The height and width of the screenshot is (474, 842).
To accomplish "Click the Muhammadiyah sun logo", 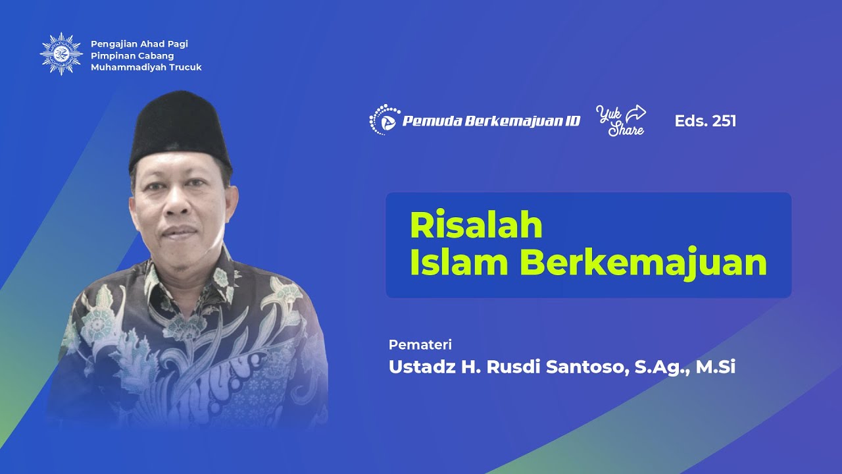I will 61,54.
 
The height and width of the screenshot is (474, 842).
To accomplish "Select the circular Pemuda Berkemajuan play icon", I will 385,120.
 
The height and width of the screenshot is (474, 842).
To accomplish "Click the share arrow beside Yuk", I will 635,113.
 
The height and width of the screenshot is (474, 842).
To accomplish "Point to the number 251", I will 724,121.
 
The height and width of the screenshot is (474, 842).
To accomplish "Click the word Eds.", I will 689,121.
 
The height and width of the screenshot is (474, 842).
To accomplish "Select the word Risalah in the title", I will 476,225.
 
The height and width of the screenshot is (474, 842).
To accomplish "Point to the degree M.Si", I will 716,367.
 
